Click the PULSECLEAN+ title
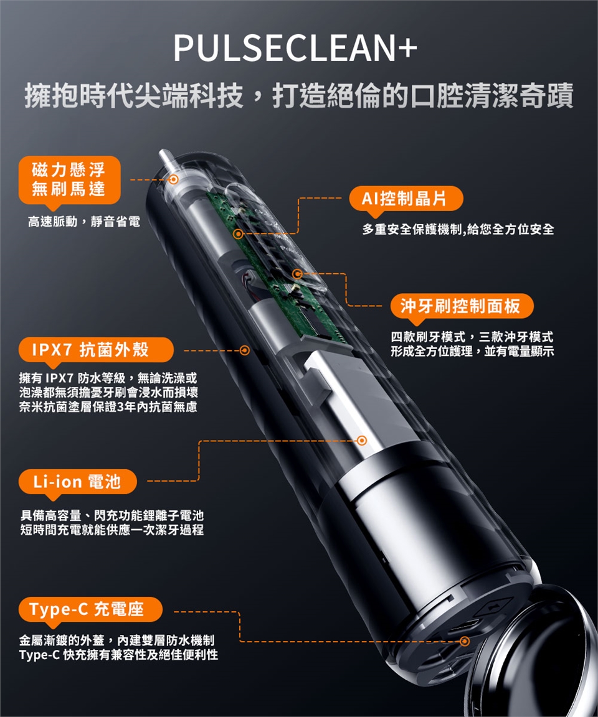point(295,47)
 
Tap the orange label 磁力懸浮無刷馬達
point(70,180)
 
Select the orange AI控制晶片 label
point(406,199)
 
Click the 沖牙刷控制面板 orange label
point(462,306)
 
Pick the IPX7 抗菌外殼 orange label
point(96,350)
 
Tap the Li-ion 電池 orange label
point(77,482)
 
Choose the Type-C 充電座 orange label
point(90,609)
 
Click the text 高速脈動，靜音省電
point(84,222)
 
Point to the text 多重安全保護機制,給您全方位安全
point(458,229)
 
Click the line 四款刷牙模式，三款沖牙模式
point(472,337)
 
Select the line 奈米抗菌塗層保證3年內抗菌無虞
point(108,406)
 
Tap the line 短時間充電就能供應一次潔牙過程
point(112,530)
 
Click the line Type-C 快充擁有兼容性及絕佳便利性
point(118,654)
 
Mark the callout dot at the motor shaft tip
point(173,179)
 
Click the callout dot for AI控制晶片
point(238,234)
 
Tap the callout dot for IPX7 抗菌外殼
point(245,350)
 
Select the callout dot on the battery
point(362,441)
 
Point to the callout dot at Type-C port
point(465,641)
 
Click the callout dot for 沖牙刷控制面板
point(297,273)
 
